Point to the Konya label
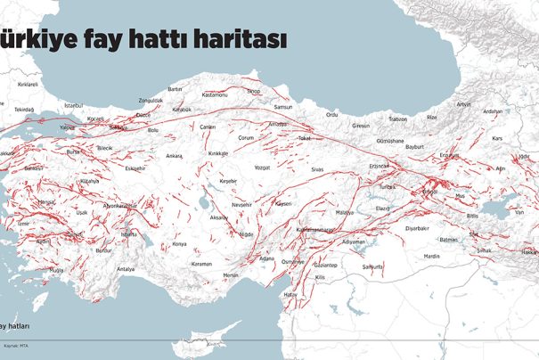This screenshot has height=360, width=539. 180,243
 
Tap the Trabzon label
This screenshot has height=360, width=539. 398,119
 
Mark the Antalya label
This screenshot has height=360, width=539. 126,268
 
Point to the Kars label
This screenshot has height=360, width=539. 498,138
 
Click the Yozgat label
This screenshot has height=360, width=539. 262,167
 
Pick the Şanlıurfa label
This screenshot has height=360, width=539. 372,266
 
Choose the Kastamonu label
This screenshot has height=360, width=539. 216,94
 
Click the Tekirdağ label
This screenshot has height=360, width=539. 22,109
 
